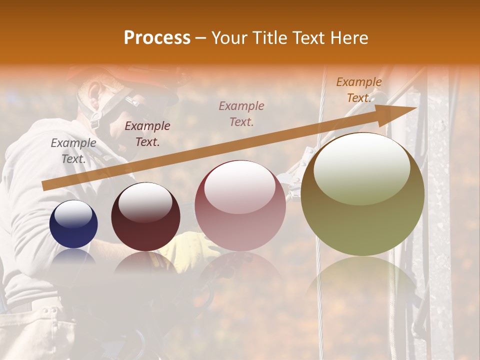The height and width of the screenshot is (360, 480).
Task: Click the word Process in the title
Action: (x=157, y=38)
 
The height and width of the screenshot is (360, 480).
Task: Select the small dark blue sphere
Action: (x=73, y=224)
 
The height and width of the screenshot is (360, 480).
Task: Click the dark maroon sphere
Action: (x=145, y=217)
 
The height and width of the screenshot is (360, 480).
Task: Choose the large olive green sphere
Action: (x=362, y=194)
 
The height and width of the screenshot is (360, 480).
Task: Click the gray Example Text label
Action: (x=73, y=151)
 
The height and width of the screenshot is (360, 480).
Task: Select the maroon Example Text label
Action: (x=147, y=134)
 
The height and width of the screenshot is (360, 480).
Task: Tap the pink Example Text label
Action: (x=241, y=113)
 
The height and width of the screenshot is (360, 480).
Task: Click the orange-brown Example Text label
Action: (x=359, y=90)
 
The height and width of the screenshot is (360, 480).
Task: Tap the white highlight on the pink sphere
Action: (x=240, y=186)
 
